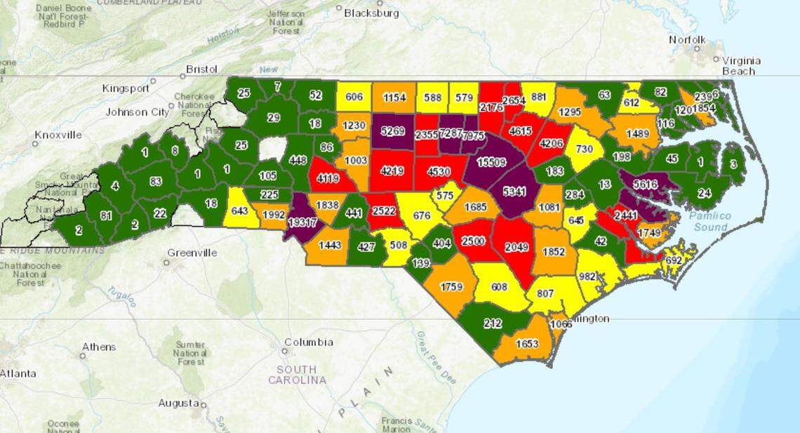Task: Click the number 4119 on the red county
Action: point(328,178)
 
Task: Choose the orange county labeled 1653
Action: point(526,344)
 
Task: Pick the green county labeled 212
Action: point(491,324)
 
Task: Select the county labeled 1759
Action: point(451,286)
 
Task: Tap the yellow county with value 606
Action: point(354,97)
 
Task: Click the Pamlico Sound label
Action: point(709,221)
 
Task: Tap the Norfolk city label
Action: point(687,39)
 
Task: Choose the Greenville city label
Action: point(192,253)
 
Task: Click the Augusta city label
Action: point(178,403)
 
